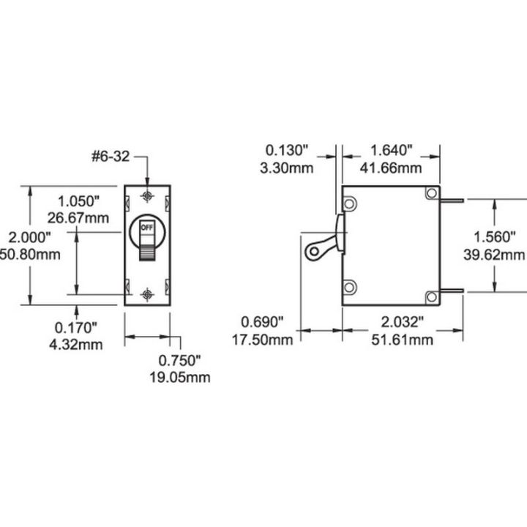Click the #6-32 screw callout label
coord(112,156)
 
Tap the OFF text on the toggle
coord(147,228)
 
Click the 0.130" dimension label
coord(288,151)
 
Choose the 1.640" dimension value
coord(392,151)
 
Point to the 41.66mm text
coord(392,168)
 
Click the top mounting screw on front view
coord(147,197)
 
